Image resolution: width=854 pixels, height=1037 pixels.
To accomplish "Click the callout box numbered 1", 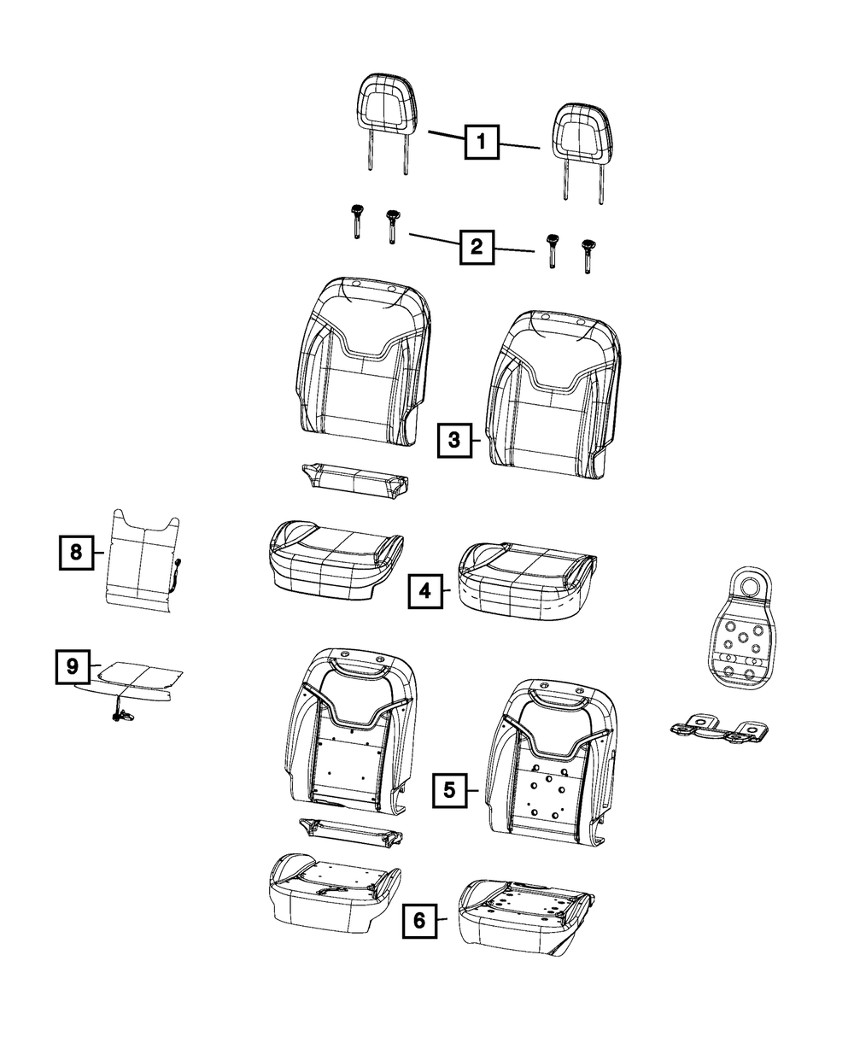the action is tap(481, 142).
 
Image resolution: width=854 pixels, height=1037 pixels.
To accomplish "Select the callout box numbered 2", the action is tap(477, 247).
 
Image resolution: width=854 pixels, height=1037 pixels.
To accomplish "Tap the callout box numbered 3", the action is tap(454, 440).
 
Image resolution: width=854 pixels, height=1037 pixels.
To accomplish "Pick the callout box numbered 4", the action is tap(425, 591).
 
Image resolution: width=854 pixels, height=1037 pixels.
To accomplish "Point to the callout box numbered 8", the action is tap(77, 553).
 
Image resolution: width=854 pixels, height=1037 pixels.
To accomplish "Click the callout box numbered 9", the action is tap(73, 666).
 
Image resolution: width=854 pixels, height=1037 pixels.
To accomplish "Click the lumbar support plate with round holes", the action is tap(742, 628).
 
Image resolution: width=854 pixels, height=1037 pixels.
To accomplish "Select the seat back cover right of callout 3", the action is tap(553, 395).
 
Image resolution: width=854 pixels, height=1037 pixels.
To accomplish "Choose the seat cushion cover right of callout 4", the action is tap(528, 581).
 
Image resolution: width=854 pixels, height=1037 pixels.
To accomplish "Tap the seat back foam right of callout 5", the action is tap(551, 762).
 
